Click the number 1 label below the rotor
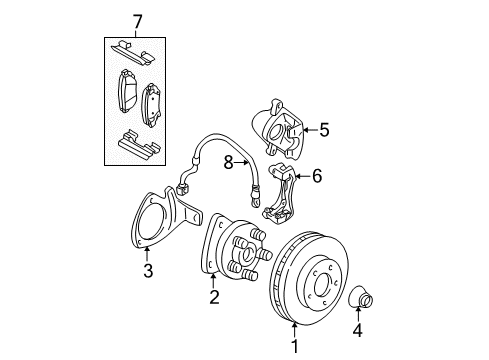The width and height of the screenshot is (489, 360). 294,347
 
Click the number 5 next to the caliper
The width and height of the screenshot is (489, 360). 323,129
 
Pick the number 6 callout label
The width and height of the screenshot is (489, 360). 317,176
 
